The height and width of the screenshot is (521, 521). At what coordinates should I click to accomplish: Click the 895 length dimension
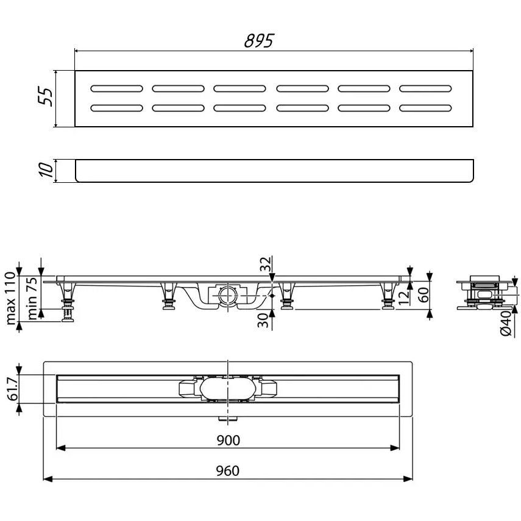tap(259, 41)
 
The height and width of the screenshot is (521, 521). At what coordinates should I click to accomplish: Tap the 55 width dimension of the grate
tap(45, 97)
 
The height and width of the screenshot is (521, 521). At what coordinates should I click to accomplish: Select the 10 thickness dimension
tap(46, 170)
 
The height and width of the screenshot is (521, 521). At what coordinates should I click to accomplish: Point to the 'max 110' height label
tap(11, 298)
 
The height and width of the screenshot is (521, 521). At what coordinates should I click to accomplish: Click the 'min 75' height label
tap(32, 299)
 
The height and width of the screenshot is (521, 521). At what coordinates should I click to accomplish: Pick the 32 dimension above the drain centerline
tap(265, 264)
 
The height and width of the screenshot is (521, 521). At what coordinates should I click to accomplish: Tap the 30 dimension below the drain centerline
tap(263, 321)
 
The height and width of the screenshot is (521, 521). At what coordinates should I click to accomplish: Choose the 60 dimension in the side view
tap(423, 295)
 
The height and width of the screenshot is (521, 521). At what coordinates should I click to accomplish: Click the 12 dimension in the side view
tap(403, 297)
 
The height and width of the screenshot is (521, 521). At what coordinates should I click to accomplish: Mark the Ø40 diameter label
tap(506, 324)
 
